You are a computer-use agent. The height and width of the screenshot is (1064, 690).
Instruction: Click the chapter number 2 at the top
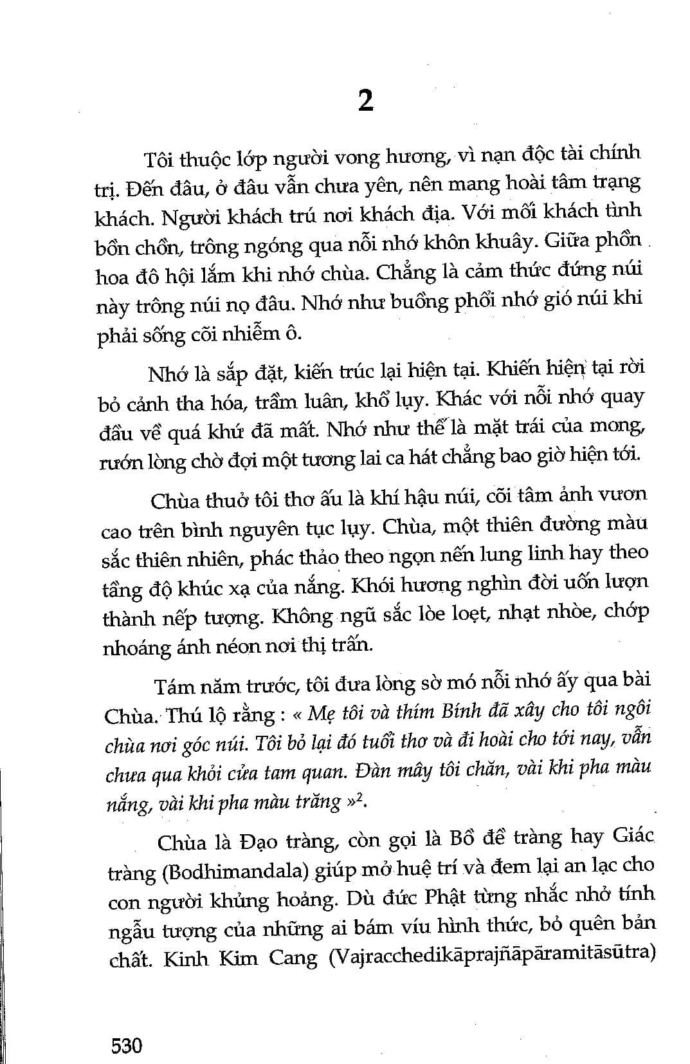point(365,101)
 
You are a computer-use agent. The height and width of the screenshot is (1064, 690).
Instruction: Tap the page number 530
point(126,1045)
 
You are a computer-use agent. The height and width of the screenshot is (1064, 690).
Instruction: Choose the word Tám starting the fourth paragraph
point(174,686)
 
